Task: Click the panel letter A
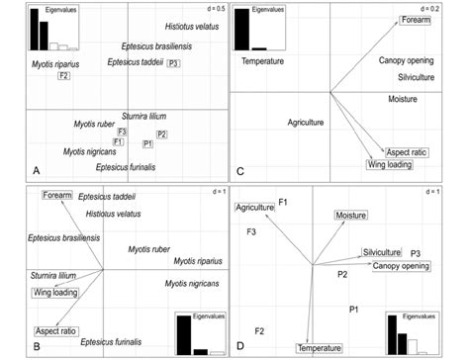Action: pos(36,171)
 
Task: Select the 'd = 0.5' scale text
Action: pos(210,9)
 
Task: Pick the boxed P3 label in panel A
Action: pos(173,63)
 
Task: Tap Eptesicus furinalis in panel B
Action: pos(114,341)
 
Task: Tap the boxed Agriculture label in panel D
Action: pos(254,207)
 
